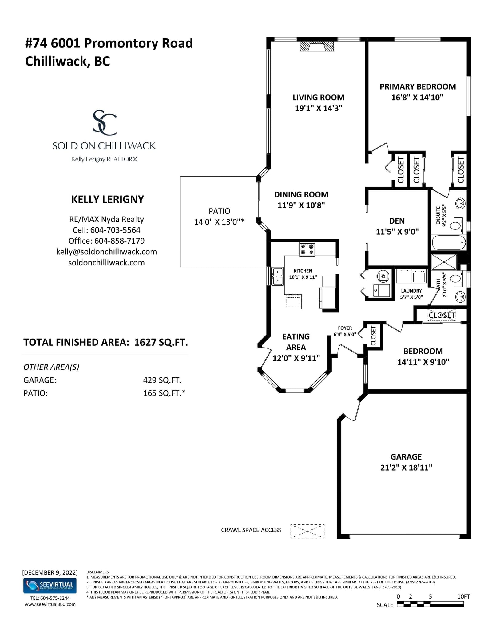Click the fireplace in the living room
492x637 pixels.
click(317, 46)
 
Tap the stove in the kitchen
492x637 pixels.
click(307, 249)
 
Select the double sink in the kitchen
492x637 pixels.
click(277, 276)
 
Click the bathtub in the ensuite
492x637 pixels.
click(449, 242)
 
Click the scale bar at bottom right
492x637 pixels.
click(430, 604)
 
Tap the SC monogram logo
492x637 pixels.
click(105, 123)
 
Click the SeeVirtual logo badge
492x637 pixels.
click(50, 586)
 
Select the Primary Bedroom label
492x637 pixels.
click(418, 87)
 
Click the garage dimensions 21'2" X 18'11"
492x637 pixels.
click(406, 468)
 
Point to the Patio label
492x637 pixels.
click(219, 211)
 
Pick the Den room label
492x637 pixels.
click(397, 221)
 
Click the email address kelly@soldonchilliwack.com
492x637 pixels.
click(106, 252)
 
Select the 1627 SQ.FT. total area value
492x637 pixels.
click(161, 342)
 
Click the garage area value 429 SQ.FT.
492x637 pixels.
click(162, 380)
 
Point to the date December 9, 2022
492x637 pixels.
click(50, 572)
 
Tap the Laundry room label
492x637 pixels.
click(411, 291)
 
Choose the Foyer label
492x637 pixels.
click(345, 328)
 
